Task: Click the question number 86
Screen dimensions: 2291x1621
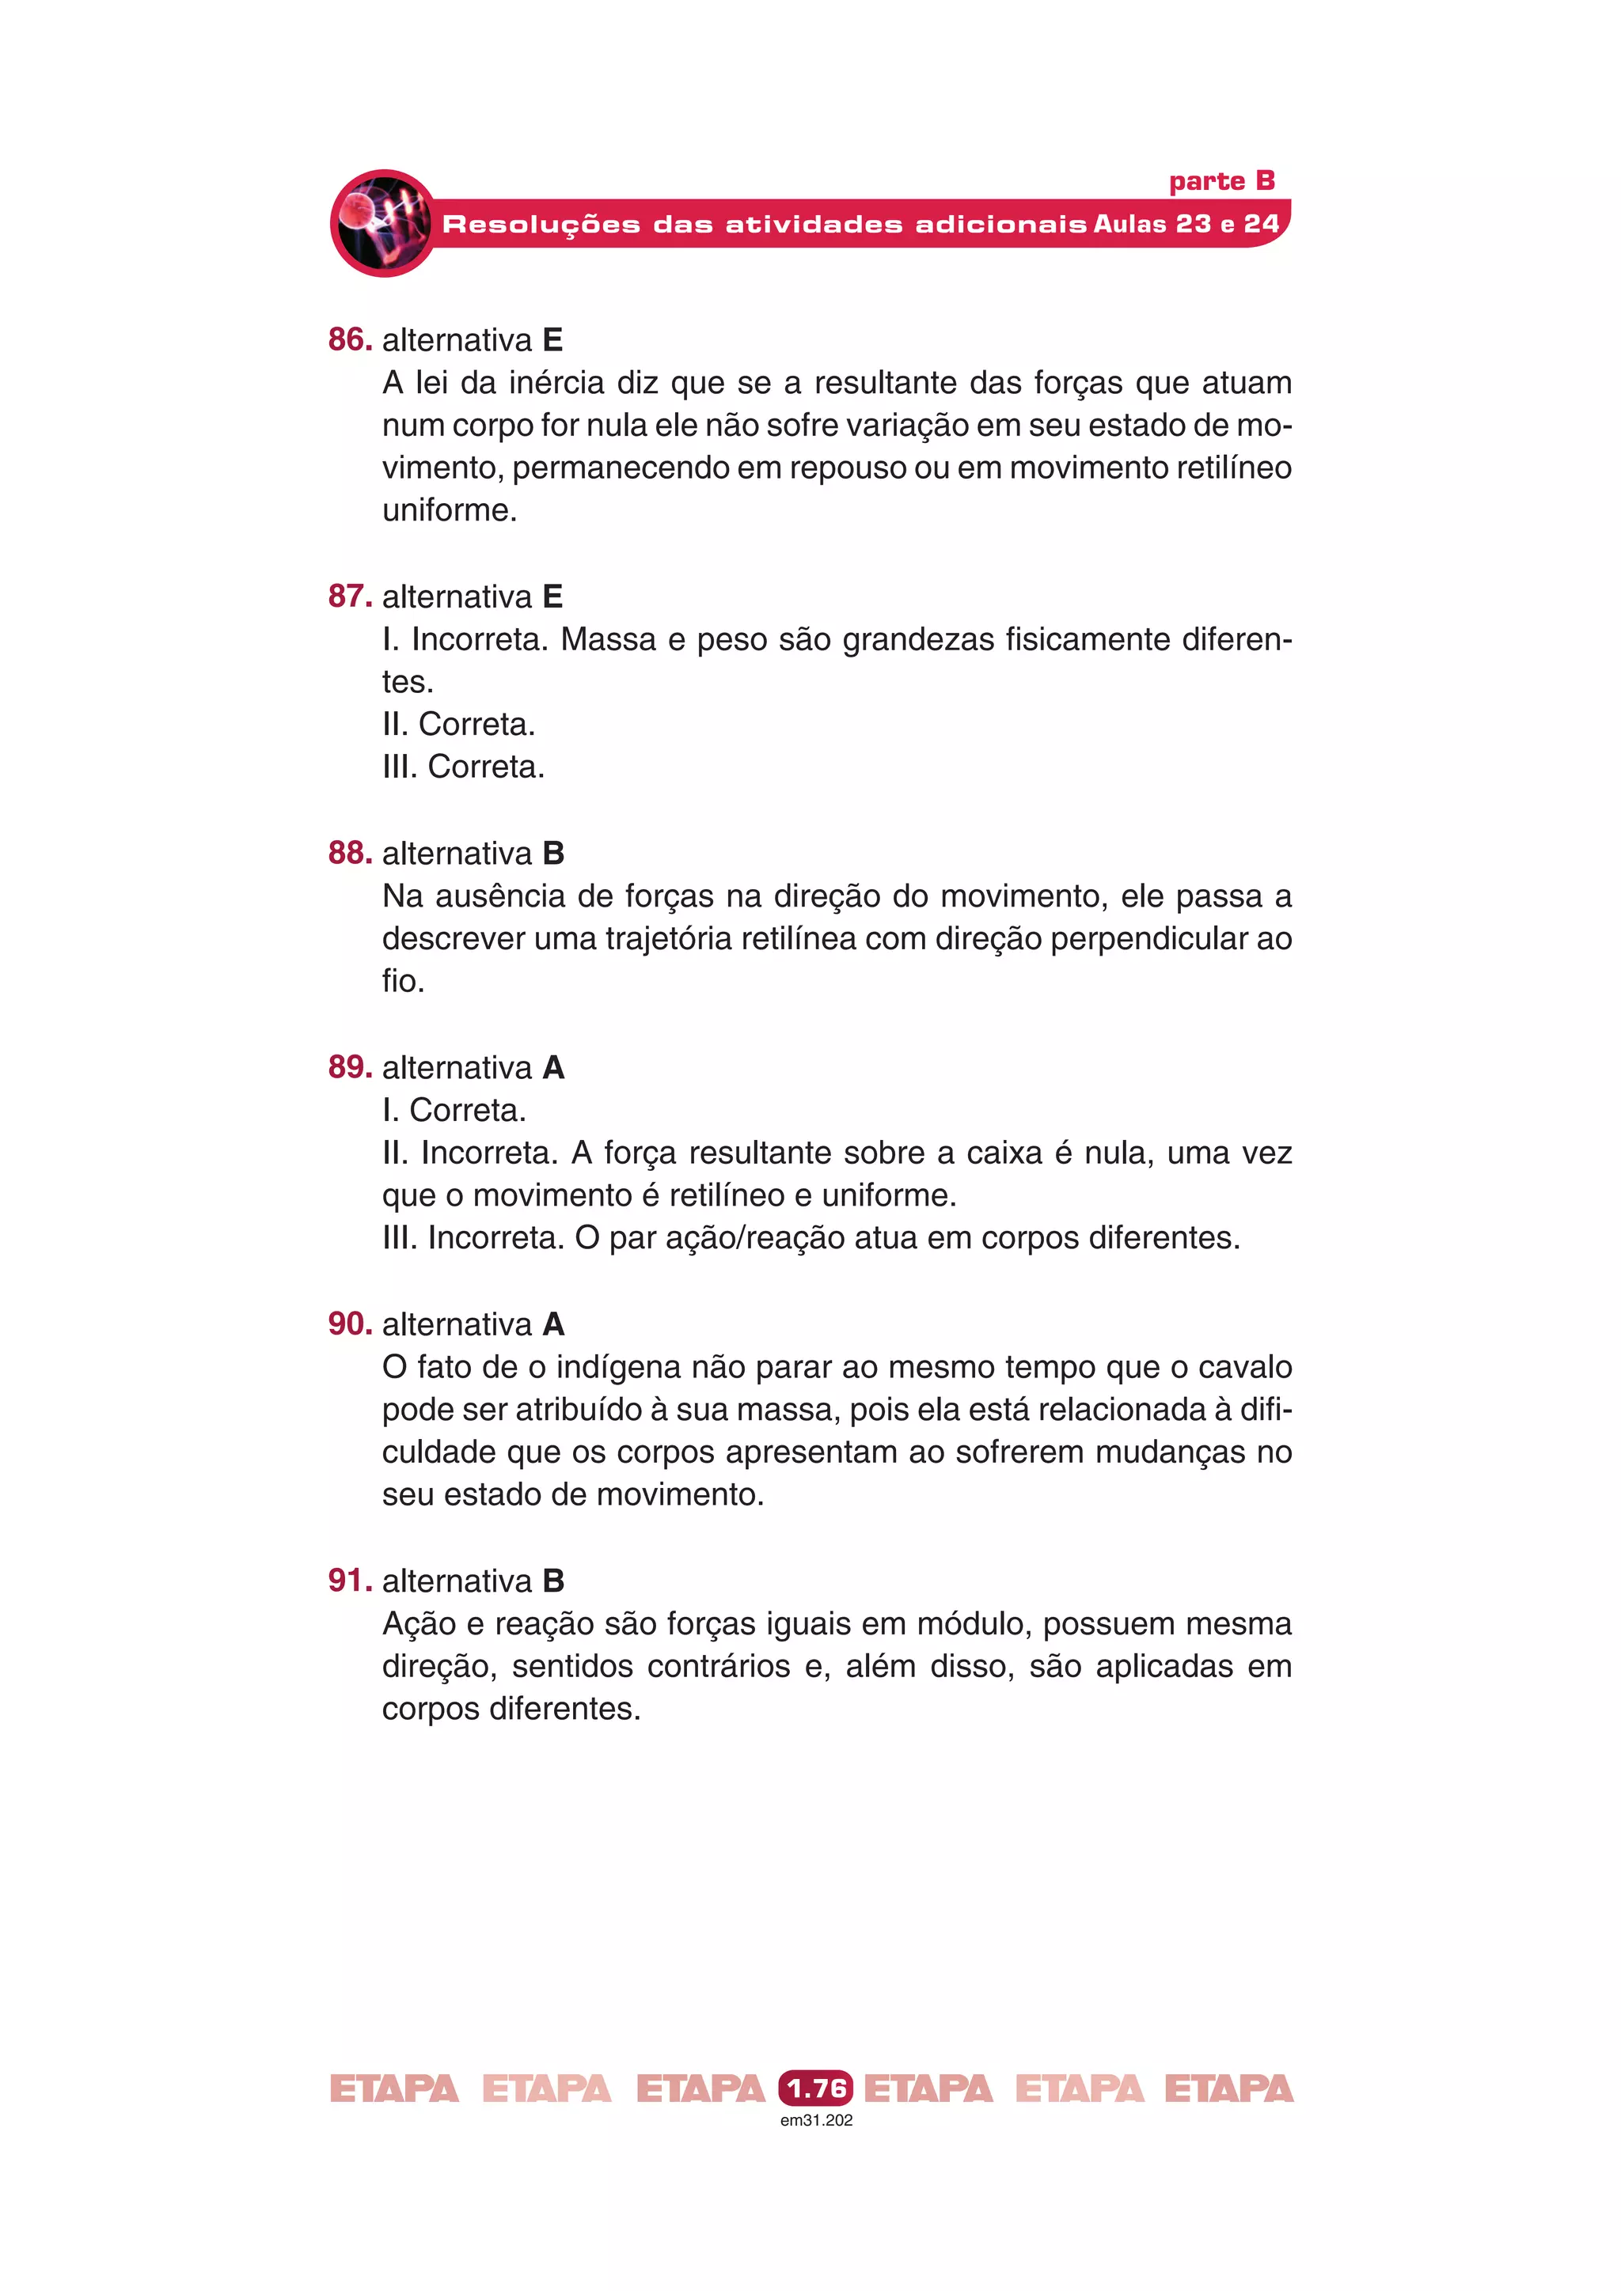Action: click(x=349, y=339)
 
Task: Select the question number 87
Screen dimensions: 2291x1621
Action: click(x=349, y=596)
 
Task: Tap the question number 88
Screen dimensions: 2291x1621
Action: click(x=349, y=852)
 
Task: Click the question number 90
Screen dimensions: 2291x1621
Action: click(x=349, y=1323)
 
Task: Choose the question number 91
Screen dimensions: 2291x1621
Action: click(x=349, y=1580)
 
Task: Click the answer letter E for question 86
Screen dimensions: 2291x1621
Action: click(x=553, y=340)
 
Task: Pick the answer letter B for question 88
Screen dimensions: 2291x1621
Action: click(x=554, y=853)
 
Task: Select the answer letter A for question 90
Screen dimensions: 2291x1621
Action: click(x=554, y=1324)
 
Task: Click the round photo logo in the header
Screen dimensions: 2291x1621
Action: click(x=383, y=222)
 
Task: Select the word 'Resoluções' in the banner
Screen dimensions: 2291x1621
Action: click(x=541, y=225)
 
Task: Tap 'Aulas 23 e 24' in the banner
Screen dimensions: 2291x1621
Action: click(x=1186, y=224)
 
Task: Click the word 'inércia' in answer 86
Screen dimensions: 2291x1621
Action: click(x=556, y=382)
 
